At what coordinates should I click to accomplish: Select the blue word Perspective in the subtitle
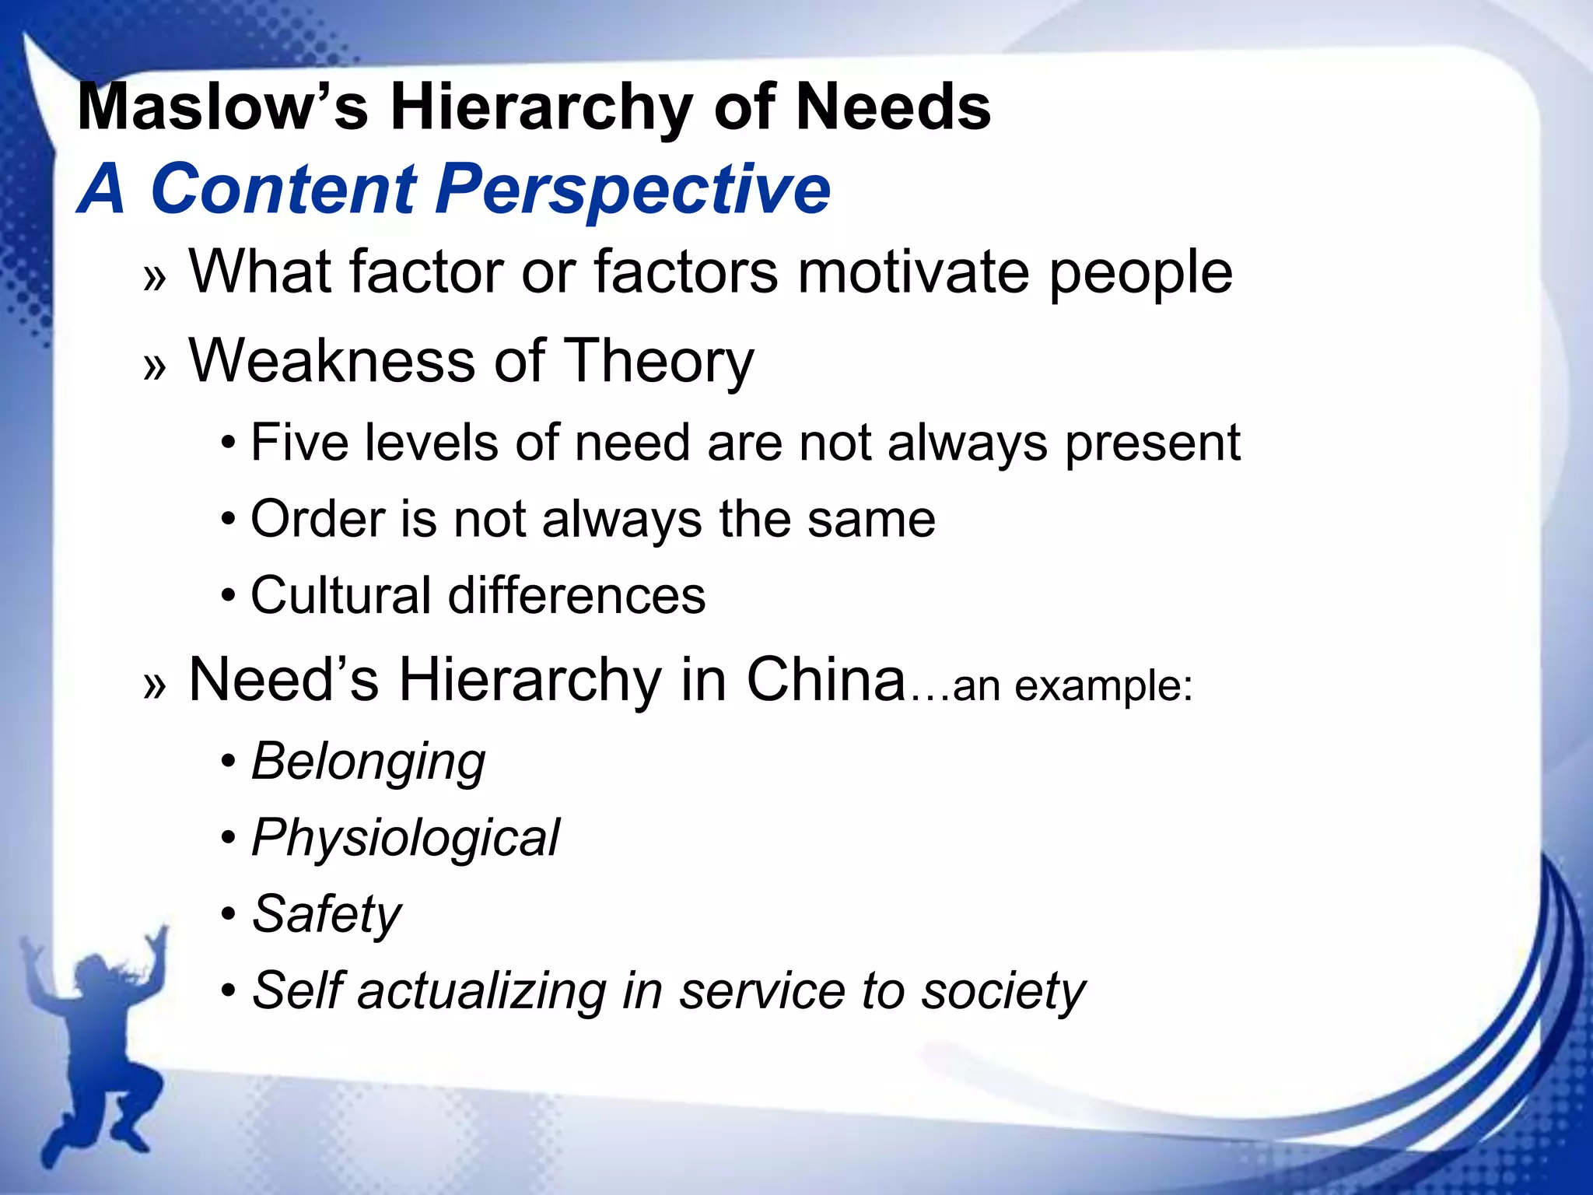coord(632,189)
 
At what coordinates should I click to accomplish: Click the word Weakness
coord(331,361)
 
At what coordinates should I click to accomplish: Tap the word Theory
coord(658,363)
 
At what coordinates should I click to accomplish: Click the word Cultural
coord(341,595)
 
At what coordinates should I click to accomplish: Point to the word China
coord(826,679)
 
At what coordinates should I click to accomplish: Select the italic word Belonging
coord(368,762)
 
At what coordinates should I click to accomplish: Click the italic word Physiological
coord(404,839)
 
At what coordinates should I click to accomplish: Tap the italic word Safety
coord(327,914)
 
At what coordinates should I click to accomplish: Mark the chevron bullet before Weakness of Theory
coord(155,366)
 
